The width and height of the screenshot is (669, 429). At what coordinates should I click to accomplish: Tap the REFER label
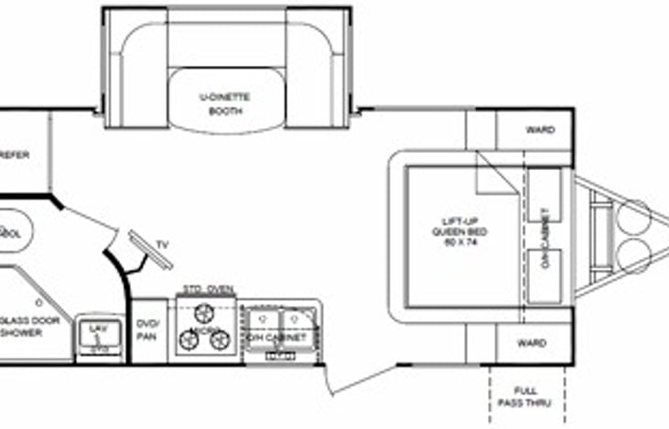[x=16, y=155]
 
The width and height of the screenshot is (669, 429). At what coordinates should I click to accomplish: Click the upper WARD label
[x=540, y=130]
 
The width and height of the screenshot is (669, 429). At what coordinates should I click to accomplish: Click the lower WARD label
[x=532, y=344]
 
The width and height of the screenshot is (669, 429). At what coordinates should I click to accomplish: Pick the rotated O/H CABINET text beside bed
[x=546, y=232]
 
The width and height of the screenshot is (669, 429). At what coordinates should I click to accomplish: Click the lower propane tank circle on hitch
[x=632, y=256]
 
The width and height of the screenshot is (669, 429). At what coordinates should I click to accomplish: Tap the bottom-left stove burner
[x=190, y=340]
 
